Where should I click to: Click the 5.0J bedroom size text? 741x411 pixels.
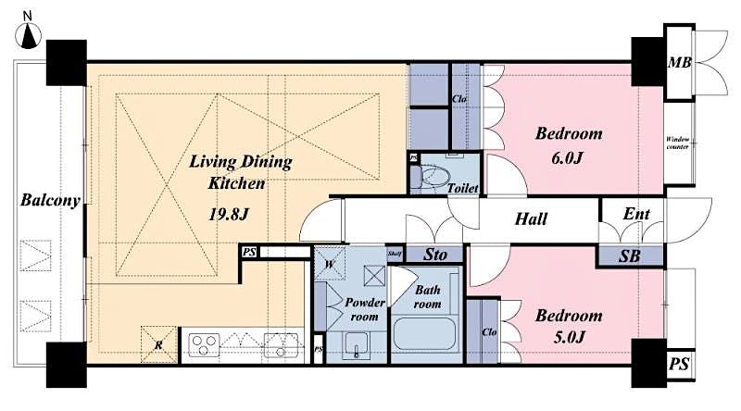(x=568, y=341)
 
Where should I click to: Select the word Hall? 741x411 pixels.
(x=531, y=219)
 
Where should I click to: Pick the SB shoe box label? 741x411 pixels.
(x=631, y=255)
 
